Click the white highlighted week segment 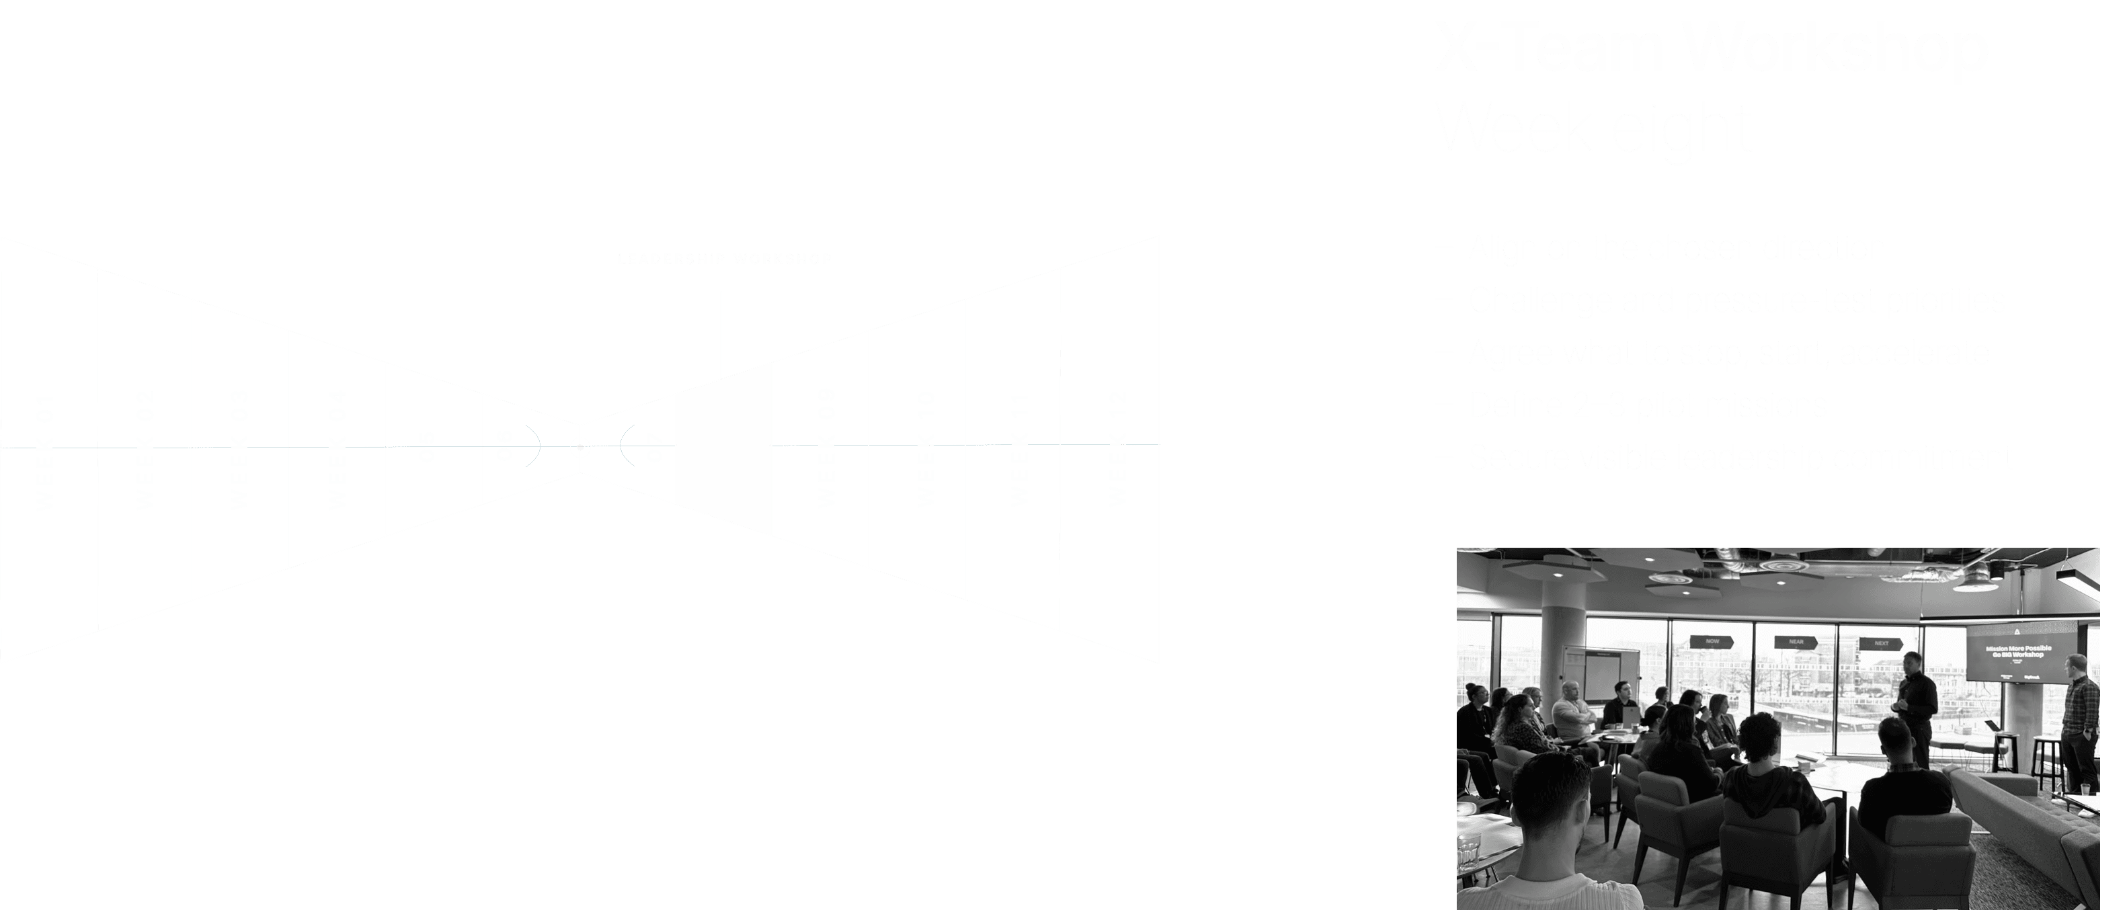(x=723, y=448)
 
